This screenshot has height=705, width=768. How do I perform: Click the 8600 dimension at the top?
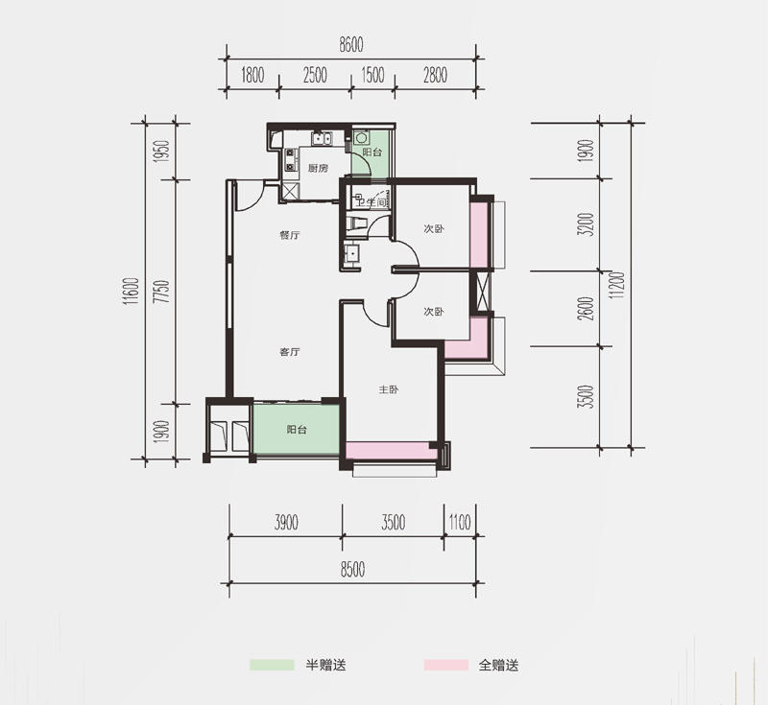pos(351,44)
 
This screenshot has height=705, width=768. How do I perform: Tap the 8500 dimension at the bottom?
pos(352,570)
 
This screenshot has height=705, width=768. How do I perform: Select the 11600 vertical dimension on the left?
pos(132,292)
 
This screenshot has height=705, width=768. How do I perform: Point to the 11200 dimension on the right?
pos(618,285)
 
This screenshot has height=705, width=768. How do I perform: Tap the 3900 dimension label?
pos(286,522)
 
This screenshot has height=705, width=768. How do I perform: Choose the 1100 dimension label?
pos(460,522)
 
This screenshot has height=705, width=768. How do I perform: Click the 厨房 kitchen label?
pos(318,168)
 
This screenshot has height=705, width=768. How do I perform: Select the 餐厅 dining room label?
pos(290,235)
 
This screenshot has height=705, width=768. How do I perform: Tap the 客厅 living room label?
pos(290,352)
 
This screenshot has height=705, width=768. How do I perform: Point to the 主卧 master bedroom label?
pos(389,389)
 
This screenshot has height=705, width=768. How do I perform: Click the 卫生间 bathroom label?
pos(372,201)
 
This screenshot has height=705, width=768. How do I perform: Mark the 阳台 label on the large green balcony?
pos(297,430)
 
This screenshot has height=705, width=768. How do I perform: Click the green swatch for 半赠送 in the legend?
pos(272,665)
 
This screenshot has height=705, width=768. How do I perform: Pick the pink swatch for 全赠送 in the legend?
pos(446,665)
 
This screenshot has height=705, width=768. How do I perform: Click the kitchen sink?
pos(322,138)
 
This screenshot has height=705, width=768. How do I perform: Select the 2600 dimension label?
pos(587,309)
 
